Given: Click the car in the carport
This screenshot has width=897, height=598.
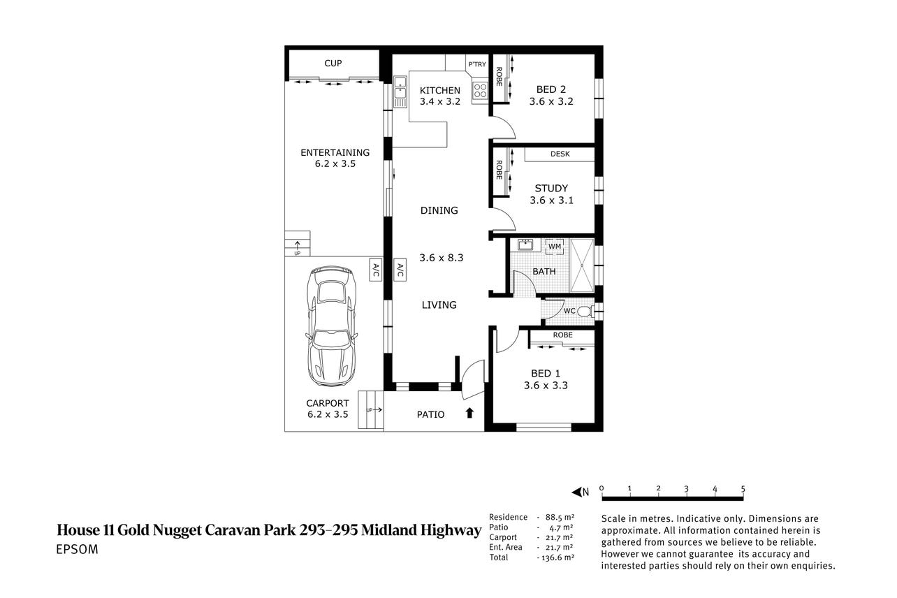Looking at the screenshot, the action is pos(330,326).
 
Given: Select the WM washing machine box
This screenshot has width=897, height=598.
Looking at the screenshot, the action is pos(555,247).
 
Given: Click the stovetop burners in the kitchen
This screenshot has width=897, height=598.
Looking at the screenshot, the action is pos(480,91).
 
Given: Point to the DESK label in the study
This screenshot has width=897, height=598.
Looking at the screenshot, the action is pos(560,154).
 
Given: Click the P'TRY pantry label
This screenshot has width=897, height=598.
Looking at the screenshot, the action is pos(477,64).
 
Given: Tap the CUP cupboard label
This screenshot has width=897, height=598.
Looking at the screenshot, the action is pos(333,64).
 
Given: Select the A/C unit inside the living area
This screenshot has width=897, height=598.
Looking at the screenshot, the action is pos(400,270).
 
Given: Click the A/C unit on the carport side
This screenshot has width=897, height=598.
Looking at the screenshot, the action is pos(375,270).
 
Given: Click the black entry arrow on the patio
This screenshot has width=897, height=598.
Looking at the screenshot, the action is pos(469,413).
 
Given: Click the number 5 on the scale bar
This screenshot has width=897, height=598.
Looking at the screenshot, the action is pos(743,488).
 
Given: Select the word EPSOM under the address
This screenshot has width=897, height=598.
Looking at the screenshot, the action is pos(77,549).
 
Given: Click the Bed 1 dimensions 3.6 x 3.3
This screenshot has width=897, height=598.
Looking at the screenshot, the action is pos(546,386).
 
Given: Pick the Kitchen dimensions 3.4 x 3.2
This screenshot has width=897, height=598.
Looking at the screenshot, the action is pos(439,102).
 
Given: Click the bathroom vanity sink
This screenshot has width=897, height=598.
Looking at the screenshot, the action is pos(524,245).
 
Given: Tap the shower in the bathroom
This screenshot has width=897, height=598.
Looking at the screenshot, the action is pos(581,265).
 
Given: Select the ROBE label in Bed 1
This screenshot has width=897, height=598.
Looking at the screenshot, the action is pos(562,335).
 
